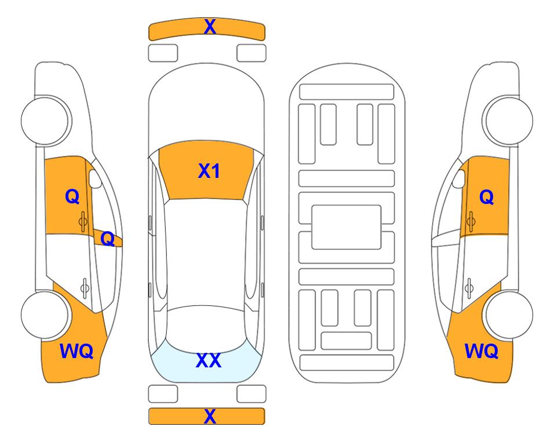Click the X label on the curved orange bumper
coord(210,27)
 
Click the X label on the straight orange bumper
coord(210,416)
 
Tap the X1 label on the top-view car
coord(209,171)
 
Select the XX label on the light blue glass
coord(209,360)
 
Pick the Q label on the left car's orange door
coord(72,196)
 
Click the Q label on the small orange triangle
coord(107,239)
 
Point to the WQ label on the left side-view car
coord(76,351)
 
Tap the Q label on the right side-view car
coord(487,197)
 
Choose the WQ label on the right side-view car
coord(482,351)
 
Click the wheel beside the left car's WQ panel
coord(45,315)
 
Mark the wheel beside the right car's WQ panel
coord(509,315)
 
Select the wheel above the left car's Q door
coord(46,121)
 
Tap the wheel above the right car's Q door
coord(509,121)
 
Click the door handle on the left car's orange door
coord(83,222)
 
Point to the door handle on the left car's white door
coord(85,288)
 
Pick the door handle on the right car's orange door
coord(471,222)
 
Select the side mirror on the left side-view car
coord(94,178)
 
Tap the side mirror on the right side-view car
coord(459,178)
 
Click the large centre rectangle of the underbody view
coord(347,227)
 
